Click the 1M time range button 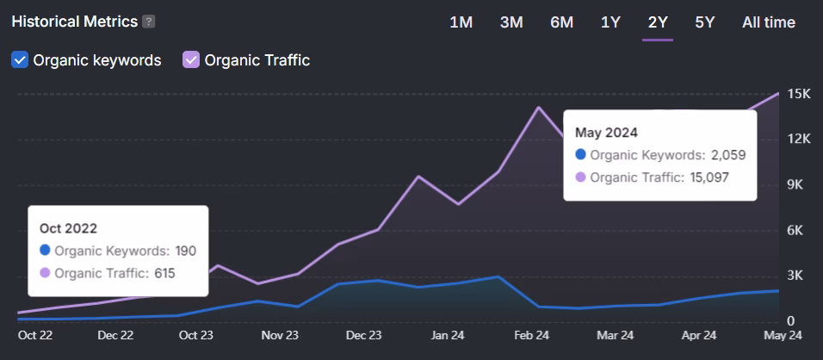461,22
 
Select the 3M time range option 511,22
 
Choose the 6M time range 561,22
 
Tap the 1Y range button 610,22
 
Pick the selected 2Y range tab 658,22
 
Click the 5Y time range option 704,22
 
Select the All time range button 768,22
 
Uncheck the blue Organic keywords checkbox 20,60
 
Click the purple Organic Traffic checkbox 191,60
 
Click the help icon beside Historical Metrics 149,22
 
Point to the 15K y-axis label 800,94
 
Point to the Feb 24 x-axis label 531,335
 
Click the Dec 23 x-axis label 363,335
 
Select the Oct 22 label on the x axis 35,335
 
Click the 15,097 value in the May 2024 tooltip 710,177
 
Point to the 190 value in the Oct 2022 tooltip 186,251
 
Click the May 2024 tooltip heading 606,133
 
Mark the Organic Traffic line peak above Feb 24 539,107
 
